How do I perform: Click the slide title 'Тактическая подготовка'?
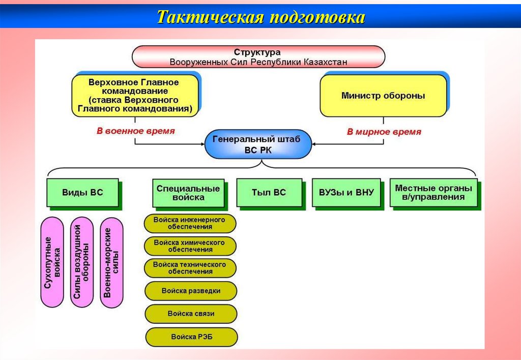tap(260, 17)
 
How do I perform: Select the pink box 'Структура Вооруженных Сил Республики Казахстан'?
tap(258, 57)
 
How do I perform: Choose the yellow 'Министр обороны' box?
tap(383, 95)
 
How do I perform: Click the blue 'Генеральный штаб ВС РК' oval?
tap(257, 144)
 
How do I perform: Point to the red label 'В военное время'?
tap(136, 131)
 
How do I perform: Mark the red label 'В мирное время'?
tap(384, 132)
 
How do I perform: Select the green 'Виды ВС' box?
tap(82, 193)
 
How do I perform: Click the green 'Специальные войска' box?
tap(188, 193)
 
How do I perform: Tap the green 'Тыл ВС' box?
tap(269, 193)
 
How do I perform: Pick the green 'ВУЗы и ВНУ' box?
tap(346, 193)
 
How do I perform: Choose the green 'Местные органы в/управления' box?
tap(433, 193)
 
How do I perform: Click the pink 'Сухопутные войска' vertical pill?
tap(52, 262)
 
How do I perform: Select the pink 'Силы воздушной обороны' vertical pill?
tap(81, 262)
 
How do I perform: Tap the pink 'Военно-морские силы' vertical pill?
tap(111, 262)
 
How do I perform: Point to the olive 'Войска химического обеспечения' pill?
tap(190, 246)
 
